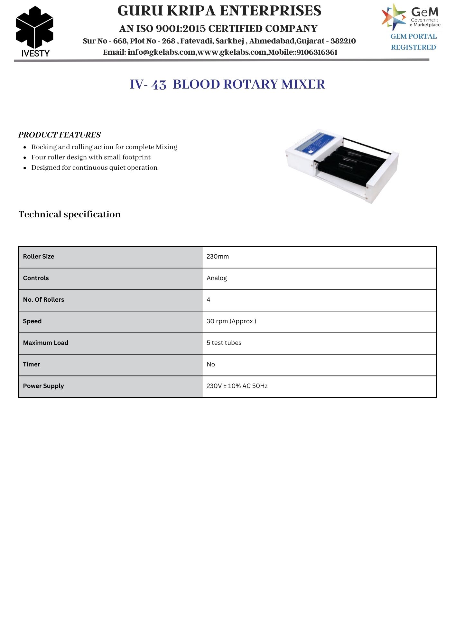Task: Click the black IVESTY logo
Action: click(x=34, y=32)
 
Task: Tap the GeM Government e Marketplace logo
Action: click(x=411, y=17)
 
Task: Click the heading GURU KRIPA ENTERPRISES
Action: click(x=219, y=11)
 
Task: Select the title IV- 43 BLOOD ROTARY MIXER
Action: click(x=227, y=84)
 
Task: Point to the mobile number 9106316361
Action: click(x=317, y=52)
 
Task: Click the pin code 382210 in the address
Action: click(x=343, y=41)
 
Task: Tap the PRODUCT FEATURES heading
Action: click(x=60, y=135)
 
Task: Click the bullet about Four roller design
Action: click(x=91, y=157)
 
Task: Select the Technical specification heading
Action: click(x=70, y=214)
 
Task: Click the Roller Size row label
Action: click(x=39, y=257)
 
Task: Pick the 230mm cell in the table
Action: click(x=218, y=257)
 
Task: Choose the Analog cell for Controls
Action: click(x=217, y=278)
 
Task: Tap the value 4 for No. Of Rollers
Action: click(x=209, y=300)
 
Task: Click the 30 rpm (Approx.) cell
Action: click(x=231, y=321)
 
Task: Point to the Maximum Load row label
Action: click(x=46, y=343)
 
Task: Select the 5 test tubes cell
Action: click(x=224, y=343)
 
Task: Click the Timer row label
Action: click(x=32, y=365)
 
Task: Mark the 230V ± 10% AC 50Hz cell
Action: click(x=237, y=386)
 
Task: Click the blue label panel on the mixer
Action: click(x=315, y=143)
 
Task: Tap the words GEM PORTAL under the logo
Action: click(x=413, y=37)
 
